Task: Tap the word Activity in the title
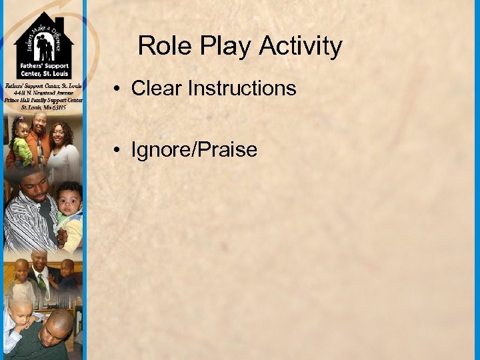click(301, 46)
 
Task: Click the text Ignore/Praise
click(194, 149)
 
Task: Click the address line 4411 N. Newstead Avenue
click(44, 93)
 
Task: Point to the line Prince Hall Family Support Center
click(44, 100)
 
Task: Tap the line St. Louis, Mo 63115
click(44, 107)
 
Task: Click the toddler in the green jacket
click(22, 143)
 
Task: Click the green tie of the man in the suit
click(42, 283)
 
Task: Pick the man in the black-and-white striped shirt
click(30, 213)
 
